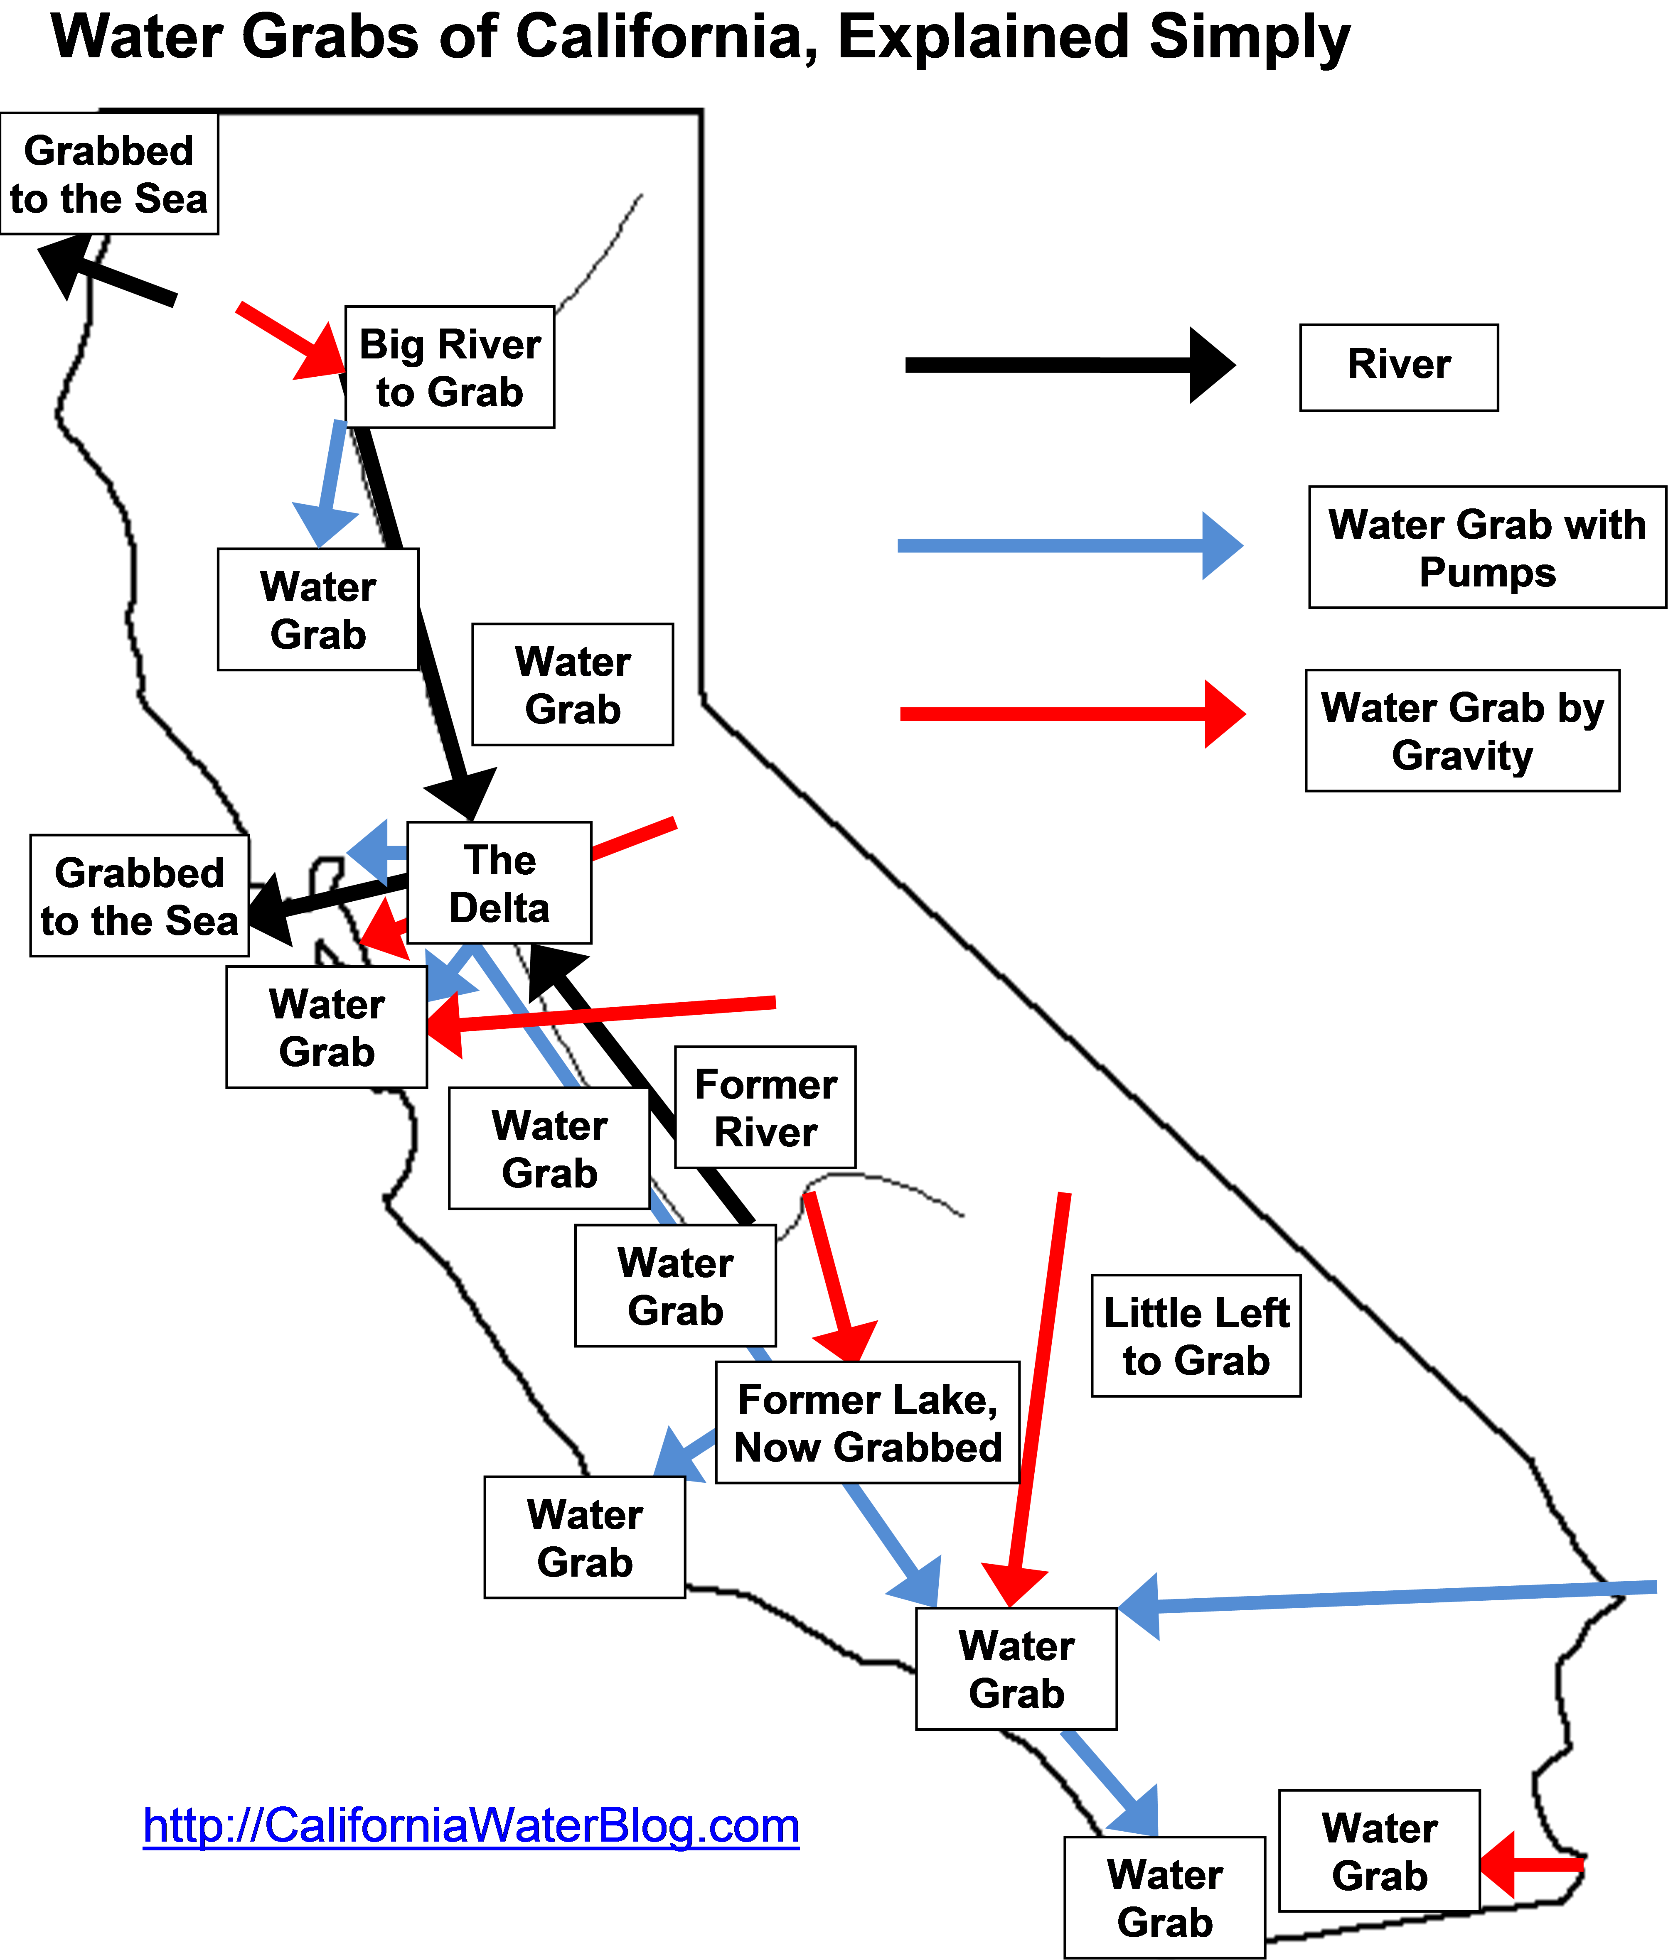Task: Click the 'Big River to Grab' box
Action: point(450,367)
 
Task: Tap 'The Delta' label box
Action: point(499,883)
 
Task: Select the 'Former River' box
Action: point(765,1107)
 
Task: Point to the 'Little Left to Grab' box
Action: point(1196,1336)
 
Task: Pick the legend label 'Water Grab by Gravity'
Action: point(1462,730)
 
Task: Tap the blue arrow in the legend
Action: point(1069,546)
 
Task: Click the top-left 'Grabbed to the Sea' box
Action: point(109,174)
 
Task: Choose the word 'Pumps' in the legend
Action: point(1488,572)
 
